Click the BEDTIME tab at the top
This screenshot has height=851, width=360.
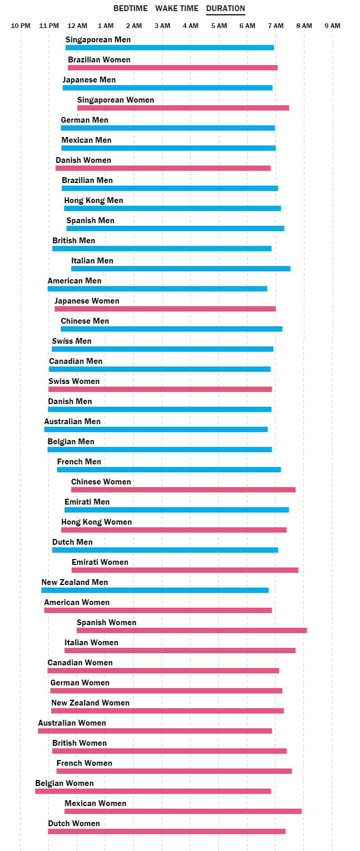coord(130,8)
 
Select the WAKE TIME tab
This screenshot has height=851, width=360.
coord(177,8)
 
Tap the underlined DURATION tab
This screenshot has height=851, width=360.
coord(225,8)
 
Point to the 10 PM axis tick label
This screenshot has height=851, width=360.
coord(21,25)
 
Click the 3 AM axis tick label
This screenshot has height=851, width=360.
coord(162,25)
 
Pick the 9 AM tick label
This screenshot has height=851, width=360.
coord(333,25)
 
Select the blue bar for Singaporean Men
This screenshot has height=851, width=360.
coord(170,48)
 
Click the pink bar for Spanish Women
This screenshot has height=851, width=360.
coord(191,630)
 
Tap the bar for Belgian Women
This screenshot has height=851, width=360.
coord(153,791)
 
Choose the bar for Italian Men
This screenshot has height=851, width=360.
coord(181,269)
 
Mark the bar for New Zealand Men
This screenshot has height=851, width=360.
coord(155,590)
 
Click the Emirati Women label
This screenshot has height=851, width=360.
coord(100,562)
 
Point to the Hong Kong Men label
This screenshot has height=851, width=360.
coord(94,200)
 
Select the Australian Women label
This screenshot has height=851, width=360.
coord(72,723)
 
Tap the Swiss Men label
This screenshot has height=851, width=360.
coord(71,341)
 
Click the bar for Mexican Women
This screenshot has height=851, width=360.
coord(183,811)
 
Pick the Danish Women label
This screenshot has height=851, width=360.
coord(84,160)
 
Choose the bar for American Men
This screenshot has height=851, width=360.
coord(157,289)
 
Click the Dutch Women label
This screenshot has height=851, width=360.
coord(74,823)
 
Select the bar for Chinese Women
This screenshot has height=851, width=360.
coord(183,490)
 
